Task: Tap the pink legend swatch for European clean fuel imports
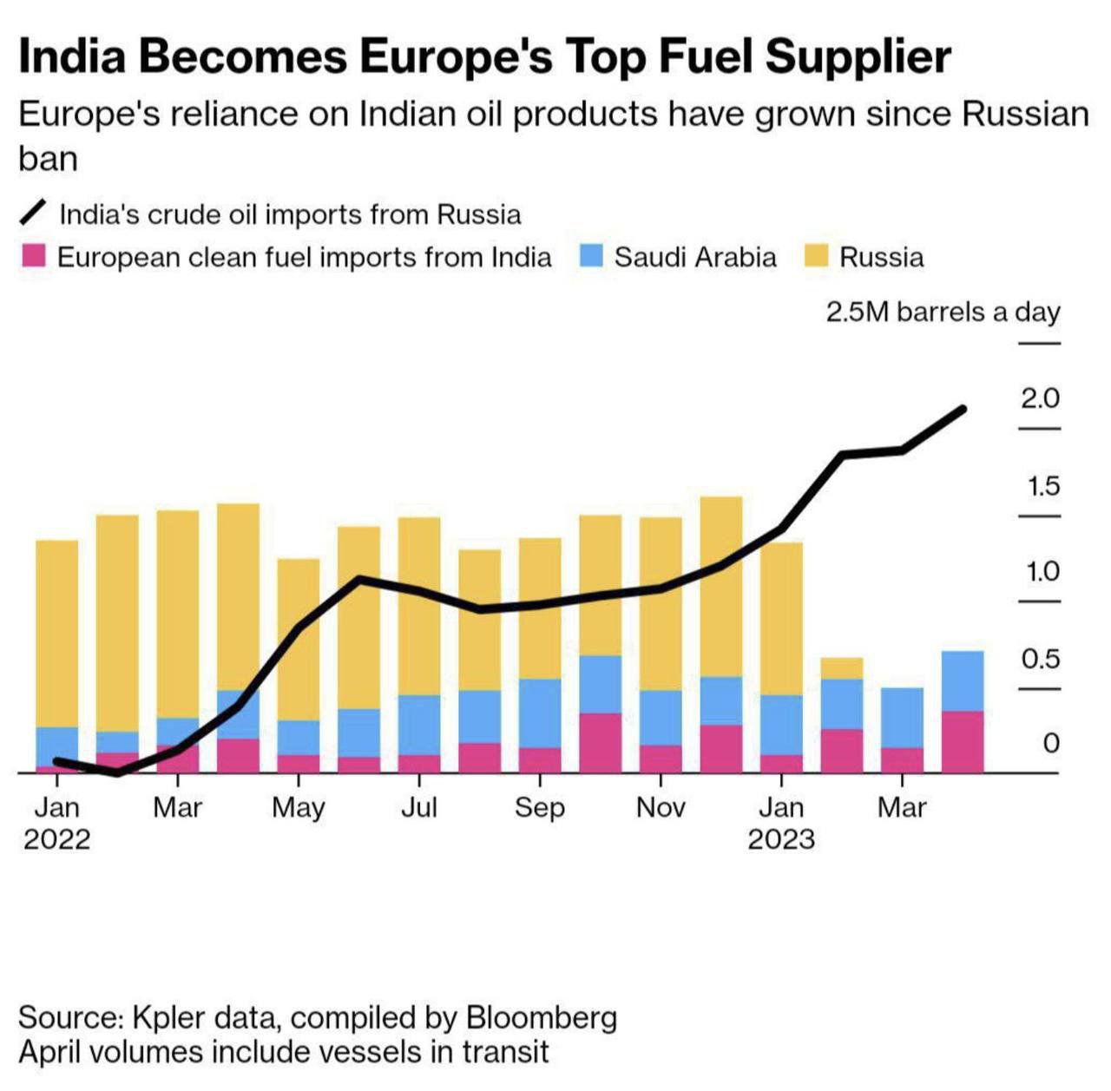click(33, 256)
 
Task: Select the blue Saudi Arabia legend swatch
click(591, 256)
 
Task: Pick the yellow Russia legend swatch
click(816, 256)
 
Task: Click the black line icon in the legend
click(33, 213)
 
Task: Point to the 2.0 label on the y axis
click(1040, 398)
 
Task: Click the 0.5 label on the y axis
click(1040, 659)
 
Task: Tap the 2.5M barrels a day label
click(943, 312)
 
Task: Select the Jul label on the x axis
click(418, 808)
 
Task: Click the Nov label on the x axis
click(661, 808)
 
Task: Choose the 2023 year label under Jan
click(781, 839)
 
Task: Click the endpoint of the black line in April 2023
click(962, 409)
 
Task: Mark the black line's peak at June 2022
click(359, 579)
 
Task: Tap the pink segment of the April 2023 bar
click(963, 741)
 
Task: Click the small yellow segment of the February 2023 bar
click(842, 668)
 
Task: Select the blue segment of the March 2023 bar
click(902, 718)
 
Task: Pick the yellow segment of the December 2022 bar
click(721, 587)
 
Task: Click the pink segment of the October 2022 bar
click(601, 742)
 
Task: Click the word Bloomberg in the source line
click(542, 1017)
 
